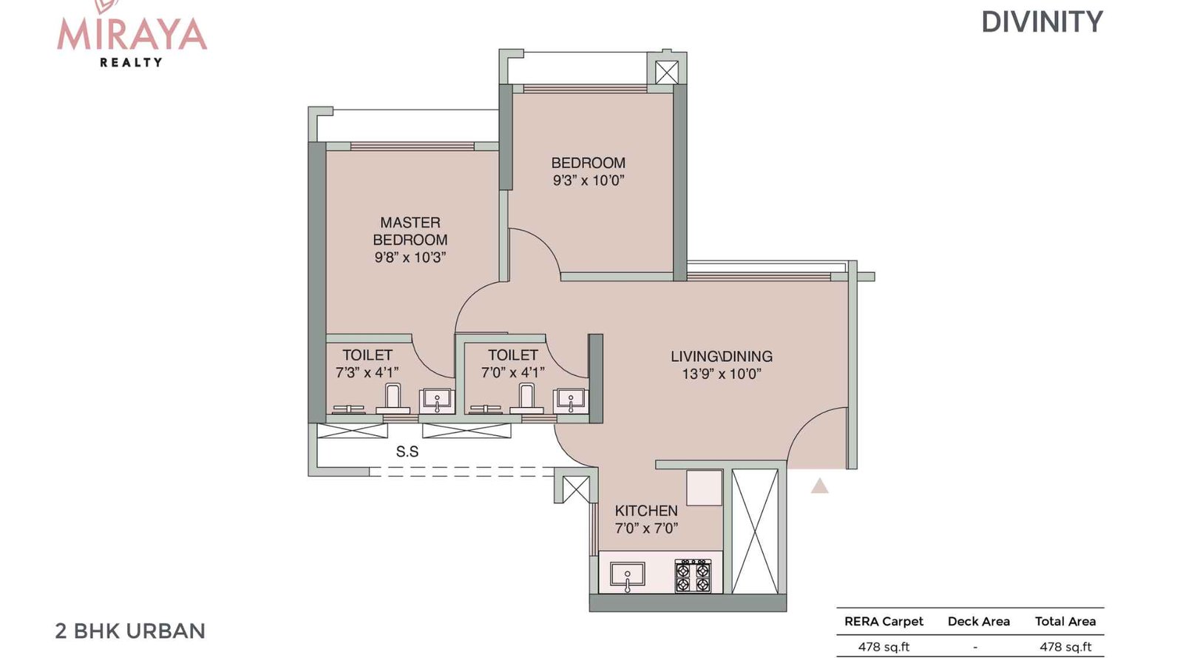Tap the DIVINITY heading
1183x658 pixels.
tap(1041, 22)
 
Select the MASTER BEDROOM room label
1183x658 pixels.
tap(410, 231)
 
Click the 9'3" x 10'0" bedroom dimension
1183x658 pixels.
tap(589, 181)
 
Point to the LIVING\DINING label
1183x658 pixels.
tap(721, 357)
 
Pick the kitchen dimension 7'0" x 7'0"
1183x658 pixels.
tap(645, 528)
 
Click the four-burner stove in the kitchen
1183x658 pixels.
tap(693, 576)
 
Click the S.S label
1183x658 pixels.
tap(407, 451)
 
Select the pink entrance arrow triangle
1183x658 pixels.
tap(819, 486)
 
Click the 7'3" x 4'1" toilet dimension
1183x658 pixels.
tap(367, 373)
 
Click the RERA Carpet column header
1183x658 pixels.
tap(884, 622)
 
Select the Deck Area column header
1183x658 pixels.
tap(978, 622)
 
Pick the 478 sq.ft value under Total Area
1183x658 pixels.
tap(1065, 647)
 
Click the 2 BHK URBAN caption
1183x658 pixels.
tap(130, 631)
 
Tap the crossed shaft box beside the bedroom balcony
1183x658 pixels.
tap(666, 72)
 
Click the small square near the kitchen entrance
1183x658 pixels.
tap(703, 488)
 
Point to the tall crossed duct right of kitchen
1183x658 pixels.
tap(755, 531)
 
